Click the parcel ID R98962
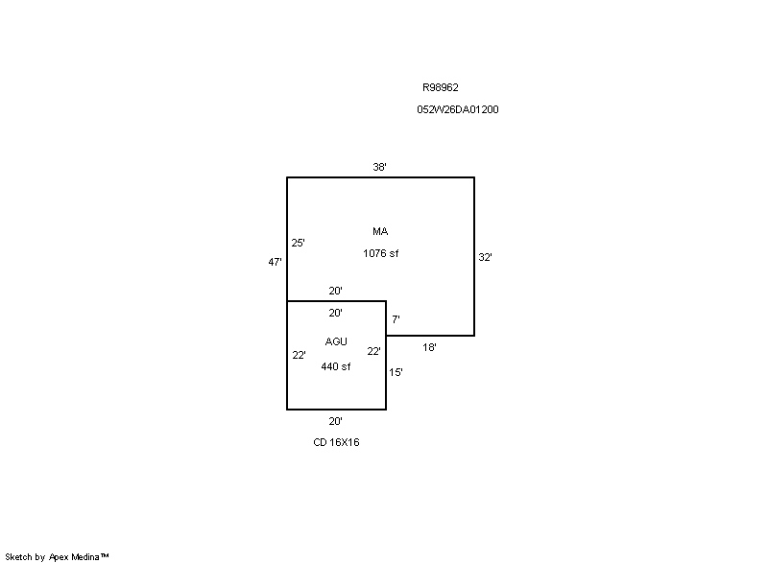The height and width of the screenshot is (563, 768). [441, 87]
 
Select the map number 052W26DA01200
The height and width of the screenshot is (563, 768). [458, 109]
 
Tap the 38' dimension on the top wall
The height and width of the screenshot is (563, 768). [379, 167]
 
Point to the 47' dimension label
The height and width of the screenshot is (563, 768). [275, 262]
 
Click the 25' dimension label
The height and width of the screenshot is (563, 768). [298, 243]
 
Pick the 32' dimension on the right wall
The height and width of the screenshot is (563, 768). [485, 257]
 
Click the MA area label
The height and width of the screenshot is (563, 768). [380, 231]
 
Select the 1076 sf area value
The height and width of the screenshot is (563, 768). [380, 253]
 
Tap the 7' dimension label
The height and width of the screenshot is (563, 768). [396, 319]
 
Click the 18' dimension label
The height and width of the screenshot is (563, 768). [429, 347]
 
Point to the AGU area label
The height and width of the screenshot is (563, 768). [336, 341]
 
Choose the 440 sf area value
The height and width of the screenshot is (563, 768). [335, 366]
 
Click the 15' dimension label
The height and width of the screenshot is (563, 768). [396, 372]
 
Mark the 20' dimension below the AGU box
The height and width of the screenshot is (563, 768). [335, 421]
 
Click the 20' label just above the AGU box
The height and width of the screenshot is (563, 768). [335, 291]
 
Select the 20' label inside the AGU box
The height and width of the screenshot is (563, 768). [335, 313]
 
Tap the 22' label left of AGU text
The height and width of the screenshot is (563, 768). [299, 355]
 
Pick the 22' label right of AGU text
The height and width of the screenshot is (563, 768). [373, 351]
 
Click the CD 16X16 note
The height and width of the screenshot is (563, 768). [336, 442]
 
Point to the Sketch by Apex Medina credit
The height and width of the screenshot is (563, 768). [57, 556]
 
